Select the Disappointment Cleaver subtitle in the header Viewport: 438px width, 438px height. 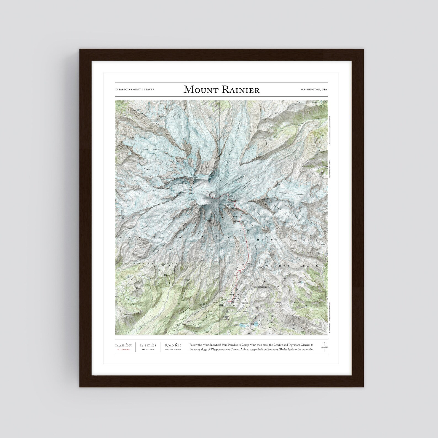135,90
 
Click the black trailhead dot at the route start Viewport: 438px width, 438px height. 228,302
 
